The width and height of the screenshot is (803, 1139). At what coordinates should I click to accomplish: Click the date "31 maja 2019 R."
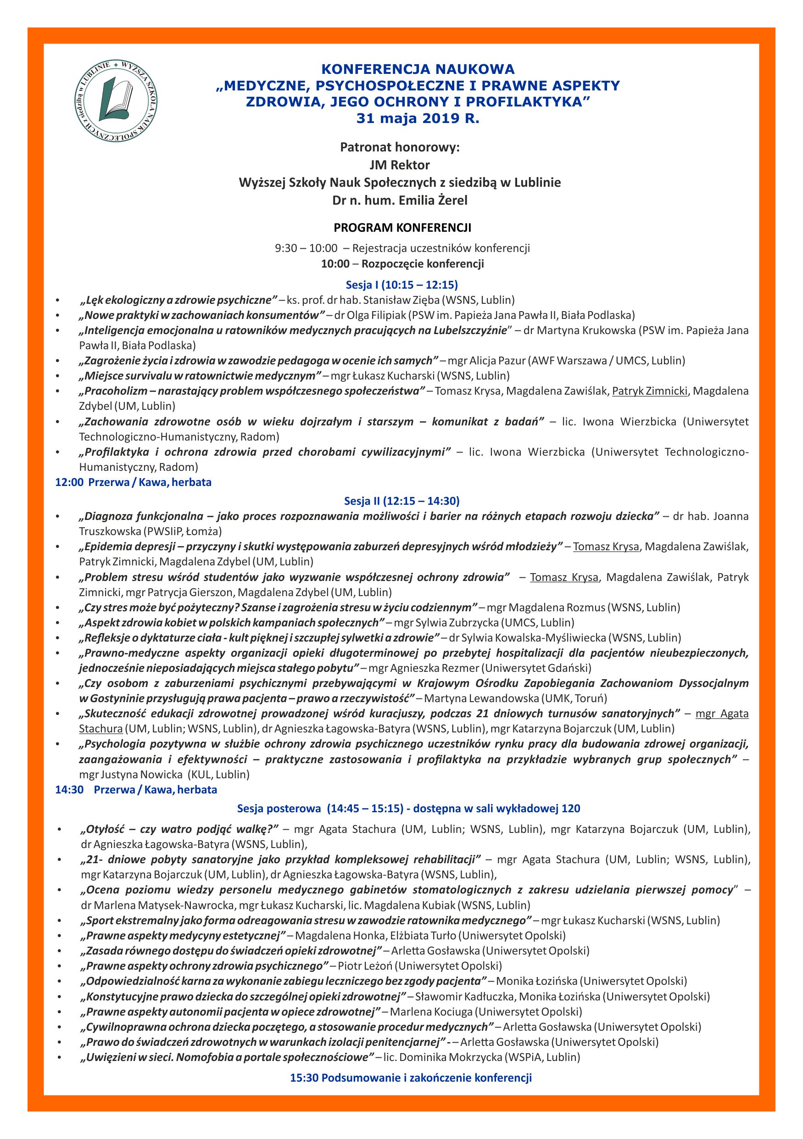(418, 119)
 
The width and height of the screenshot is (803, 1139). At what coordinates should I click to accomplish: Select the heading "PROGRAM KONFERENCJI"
(402, 228)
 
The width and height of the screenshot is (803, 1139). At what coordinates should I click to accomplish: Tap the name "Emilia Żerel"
(428, 201)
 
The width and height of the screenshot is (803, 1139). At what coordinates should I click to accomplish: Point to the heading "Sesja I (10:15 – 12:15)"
(401, 285)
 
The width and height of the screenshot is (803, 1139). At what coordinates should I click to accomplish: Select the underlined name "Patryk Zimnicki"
(650, 391)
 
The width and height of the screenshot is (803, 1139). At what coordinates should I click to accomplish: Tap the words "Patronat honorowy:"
(400, 147)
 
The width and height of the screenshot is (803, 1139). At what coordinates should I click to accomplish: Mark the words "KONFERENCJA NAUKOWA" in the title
(418, 69)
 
